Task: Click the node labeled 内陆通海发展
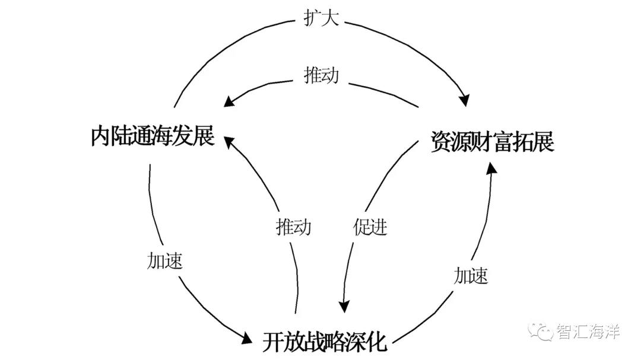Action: point(153,136)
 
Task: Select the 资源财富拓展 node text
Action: point(492,143)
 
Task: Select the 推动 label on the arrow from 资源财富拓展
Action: point(321,75)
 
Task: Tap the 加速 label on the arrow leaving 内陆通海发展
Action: point(164,262)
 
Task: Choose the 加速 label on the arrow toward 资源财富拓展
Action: point(471,275)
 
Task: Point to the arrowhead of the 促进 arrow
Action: point(344,305)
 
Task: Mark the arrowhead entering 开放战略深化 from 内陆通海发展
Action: point(247,339)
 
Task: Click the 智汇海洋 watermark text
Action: point(588,332)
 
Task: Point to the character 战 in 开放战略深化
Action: point(312,342)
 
